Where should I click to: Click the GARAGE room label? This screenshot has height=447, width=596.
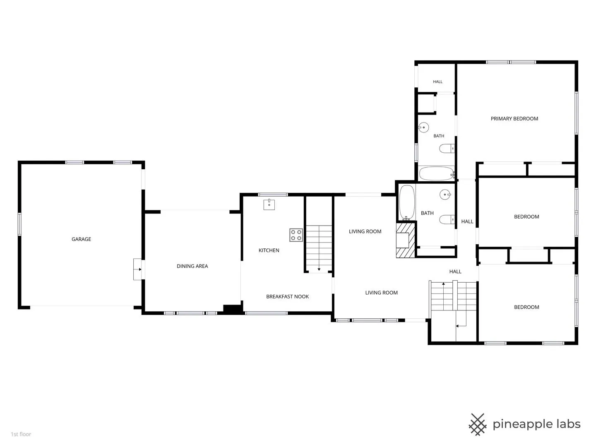pos(81,239)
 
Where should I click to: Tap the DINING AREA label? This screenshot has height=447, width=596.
pos(192,266)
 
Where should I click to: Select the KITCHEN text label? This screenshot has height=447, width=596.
pos(269,250)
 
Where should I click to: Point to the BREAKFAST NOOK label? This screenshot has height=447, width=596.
pos(287,297)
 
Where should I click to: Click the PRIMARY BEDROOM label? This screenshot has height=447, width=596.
pos(514,119)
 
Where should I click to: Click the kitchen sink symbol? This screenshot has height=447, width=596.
pos(269,204)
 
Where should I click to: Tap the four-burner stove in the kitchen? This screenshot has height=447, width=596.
pos(296,235)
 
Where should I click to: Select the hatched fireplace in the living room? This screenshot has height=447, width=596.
pos(406,240)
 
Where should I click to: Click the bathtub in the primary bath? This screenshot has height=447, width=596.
pos(436,173)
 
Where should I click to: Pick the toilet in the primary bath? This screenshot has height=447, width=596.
pos(447,149)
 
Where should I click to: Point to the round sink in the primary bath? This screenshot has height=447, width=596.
pos(423,127)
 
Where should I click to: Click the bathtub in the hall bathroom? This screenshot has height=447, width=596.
pos(407,202)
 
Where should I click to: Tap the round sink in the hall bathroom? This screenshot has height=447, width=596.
pos(445,195)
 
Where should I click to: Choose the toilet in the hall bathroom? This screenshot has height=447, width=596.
pos(447,219)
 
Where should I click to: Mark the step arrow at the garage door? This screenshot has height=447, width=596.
pos(139,269)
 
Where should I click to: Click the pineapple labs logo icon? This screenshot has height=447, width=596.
pos(477,424)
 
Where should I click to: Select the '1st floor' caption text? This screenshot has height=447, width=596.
pos(21,434)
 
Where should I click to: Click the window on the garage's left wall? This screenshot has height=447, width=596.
pos(19,224)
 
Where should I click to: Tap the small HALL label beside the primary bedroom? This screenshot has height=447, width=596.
pos(437,82)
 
